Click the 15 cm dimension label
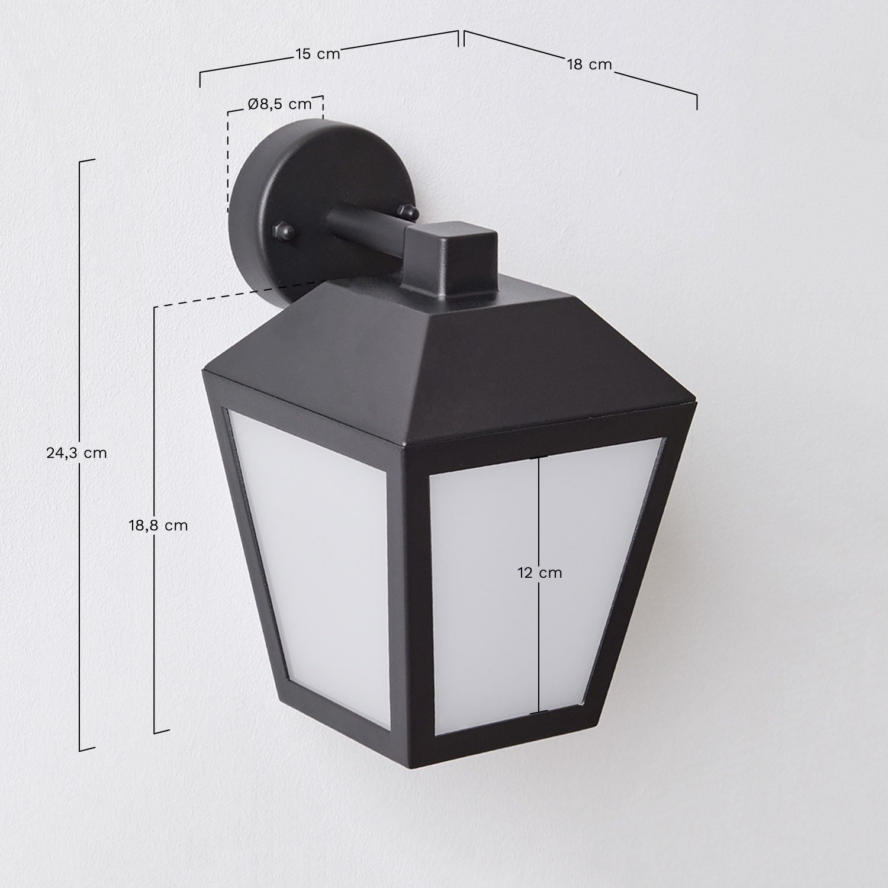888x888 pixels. [318, 54]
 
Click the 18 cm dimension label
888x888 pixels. [589, 65]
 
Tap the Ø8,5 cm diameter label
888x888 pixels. [279, 104]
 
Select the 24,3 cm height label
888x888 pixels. [76, 453]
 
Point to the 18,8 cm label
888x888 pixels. [158, 525]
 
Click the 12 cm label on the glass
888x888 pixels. [539, 572]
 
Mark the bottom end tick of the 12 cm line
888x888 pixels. [538, 713]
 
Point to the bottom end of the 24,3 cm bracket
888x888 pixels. [86, 749]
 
